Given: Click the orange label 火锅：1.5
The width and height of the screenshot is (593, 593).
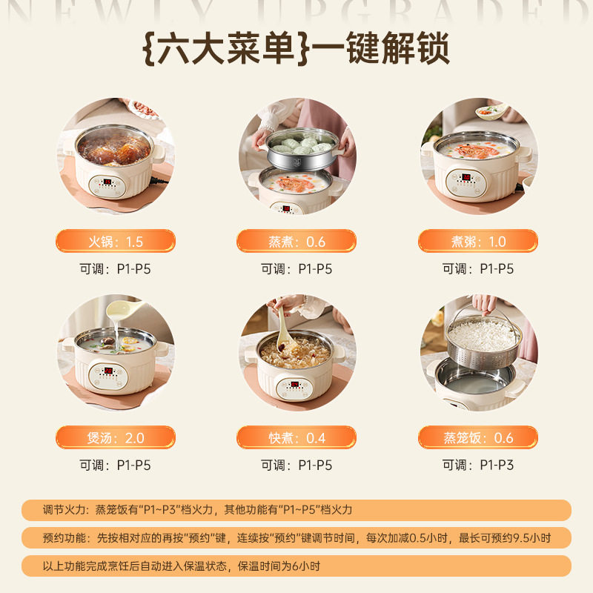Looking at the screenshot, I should (115, 242).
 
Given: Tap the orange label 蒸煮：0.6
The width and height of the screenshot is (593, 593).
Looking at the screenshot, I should (296, 242).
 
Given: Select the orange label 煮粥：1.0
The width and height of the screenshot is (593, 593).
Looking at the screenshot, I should (478, 242).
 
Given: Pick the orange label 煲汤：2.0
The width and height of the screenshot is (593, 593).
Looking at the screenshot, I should (115, 437).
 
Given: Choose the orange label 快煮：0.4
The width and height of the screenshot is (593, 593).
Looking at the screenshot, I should (296, 437).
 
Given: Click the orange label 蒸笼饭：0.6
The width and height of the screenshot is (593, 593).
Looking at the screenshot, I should (478, 437).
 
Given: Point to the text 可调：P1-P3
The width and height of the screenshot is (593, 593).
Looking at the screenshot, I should (478, 466).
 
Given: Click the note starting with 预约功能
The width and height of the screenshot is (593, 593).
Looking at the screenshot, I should (296, 537).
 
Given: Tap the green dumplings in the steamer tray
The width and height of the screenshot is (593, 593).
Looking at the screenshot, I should (301, 143).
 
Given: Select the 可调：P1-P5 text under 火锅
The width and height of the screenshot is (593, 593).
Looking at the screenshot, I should (115, 269).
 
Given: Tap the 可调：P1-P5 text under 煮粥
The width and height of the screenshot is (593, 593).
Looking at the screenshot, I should (478, 269).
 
